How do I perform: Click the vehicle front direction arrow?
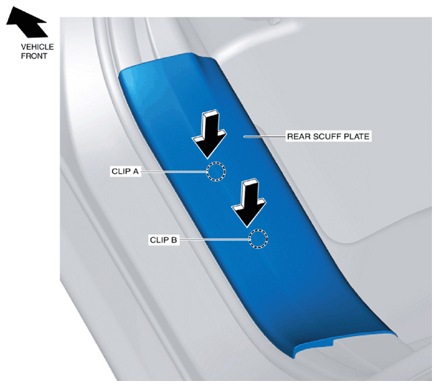pos(27,22)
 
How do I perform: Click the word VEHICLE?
pos(37,47)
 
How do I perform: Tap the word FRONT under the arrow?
pos(33,56)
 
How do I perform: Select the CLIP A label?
pos(125,171)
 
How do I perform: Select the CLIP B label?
pos(163,240)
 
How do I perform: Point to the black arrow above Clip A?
pos(210,134)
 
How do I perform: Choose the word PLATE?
pos(356,136)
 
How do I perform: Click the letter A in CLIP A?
pos(136,171)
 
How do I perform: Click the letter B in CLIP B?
pos(174,240)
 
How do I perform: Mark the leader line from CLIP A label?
pos(173,172)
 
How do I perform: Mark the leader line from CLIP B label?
pos(214,239)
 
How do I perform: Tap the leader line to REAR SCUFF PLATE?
pos(265,136)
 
